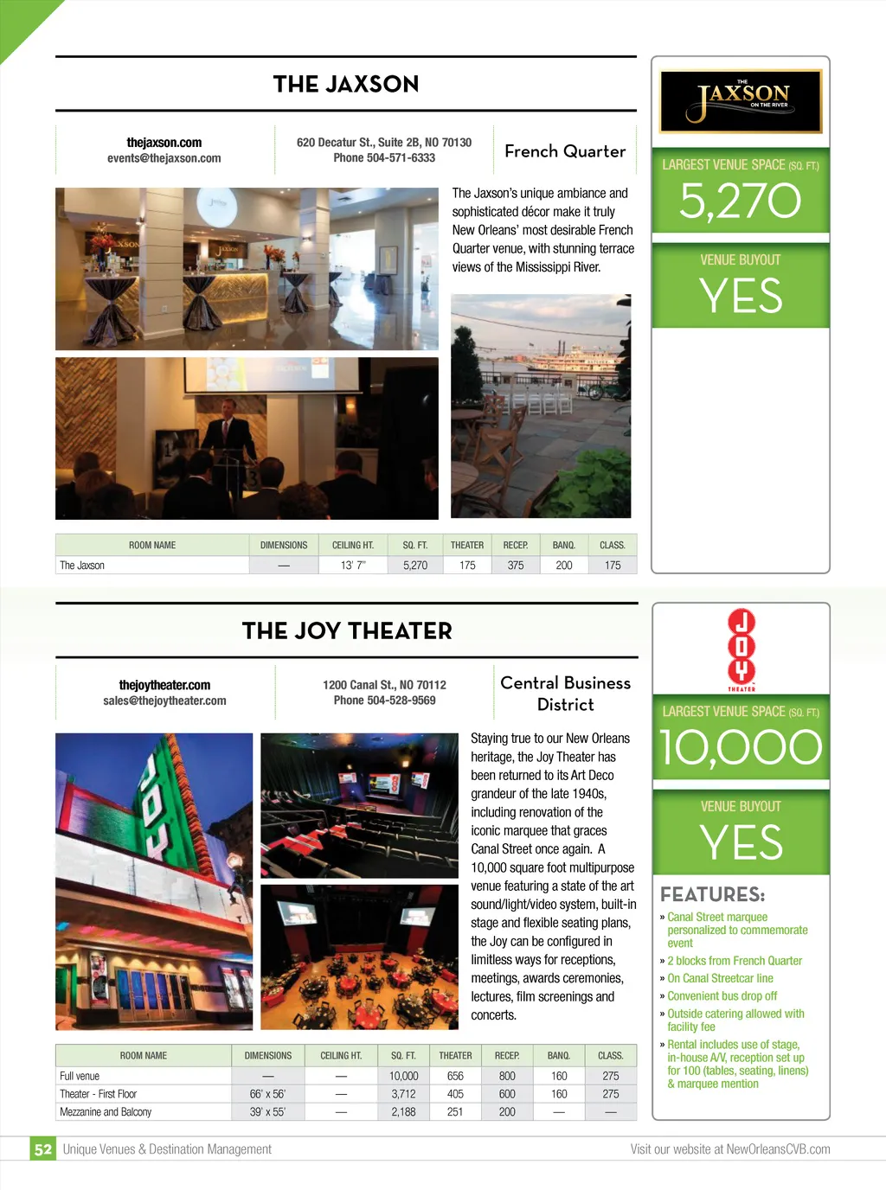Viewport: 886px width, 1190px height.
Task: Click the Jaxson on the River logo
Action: (741, 101)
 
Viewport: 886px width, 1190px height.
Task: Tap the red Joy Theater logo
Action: (742, 649)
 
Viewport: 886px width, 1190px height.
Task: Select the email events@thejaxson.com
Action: (164, 158)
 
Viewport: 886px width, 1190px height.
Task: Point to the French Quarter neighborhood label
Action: (565, 151)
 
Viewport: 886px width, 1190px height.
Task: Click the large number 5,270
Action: (741, 202)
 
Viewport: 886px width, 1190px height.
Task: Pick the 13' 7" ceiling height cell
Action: (353, 566)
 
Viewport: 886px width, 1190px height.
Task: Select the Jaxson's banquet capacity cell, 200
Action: (564, 566)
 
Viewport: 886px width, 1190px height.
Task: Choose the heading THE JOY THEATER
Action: (347, 631)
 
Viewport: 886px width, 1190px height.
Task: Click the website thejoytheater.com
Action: (164, 685)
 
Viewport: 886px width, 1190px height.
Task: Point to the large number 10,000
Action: (741, 748)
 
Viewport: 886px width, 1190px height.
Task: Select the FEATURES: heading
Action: (712, 895)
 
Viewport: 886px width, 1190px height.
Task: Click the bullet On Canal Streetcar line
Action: (720, 978)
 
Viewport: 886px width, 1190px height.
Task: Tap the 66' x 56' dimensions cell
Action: (267, 1094)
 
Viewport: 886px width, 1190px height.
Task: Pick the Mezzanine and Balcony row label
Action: (106, 1112)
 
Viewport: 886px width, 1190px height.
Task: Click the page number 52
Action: (43, 1149)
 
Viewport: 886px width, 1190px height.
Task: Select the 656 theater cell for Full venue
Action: (455, 1076)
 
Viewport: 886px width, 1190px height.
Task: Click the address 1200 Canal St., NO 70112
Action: (384, 685)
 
